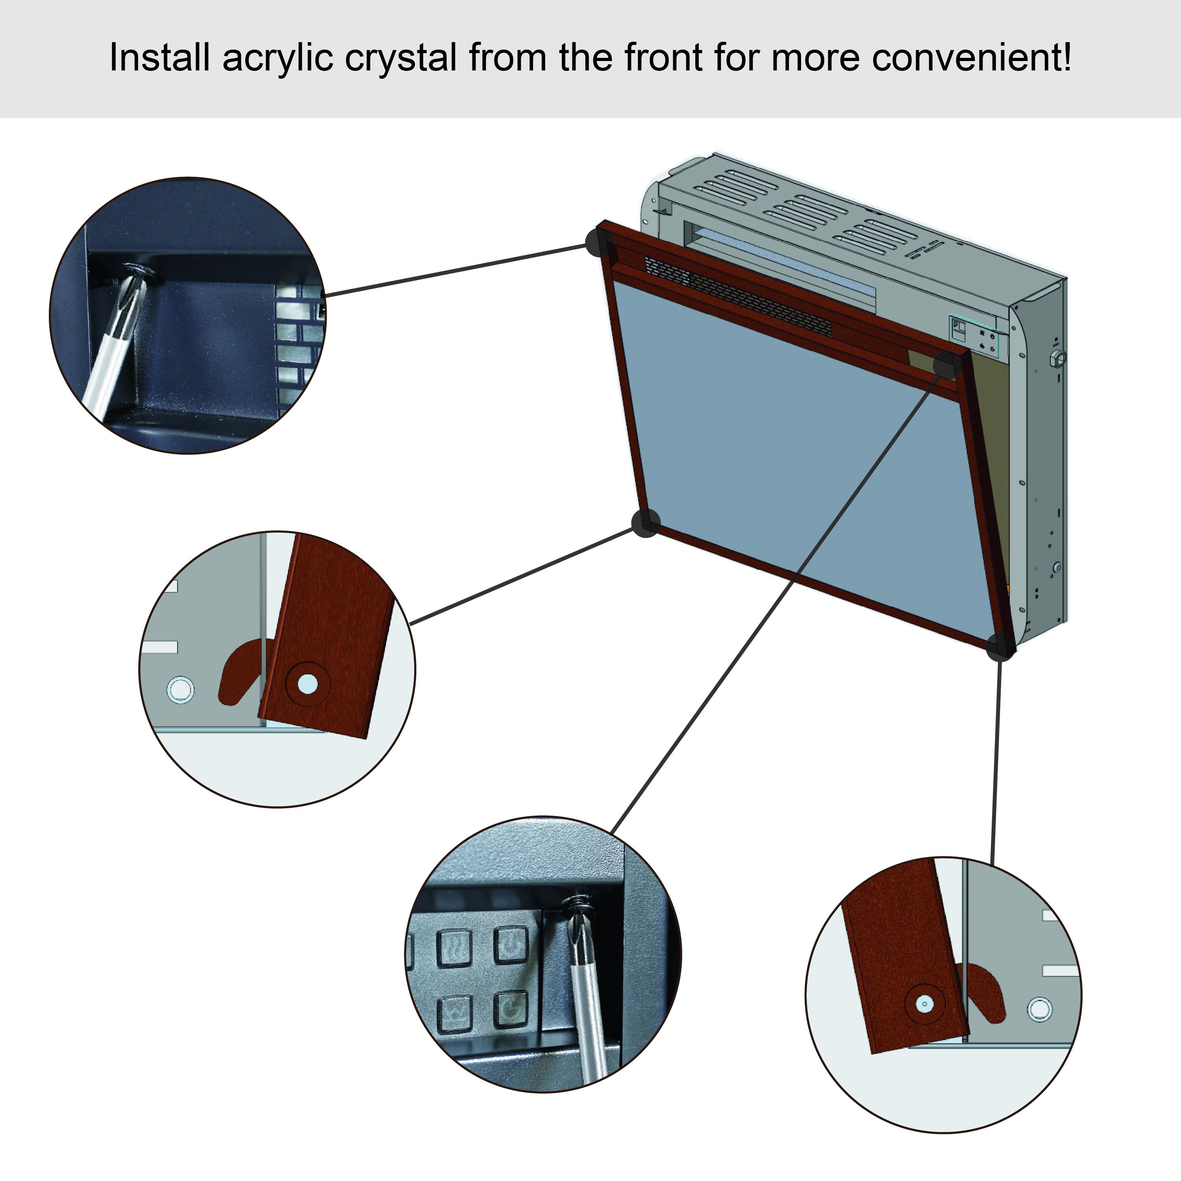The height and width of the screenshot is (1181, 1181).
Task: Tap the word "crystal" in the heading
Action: [400, 59]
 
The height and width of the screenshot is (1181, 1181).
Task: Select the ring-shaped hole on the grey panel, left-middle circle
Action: [180, 690]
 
